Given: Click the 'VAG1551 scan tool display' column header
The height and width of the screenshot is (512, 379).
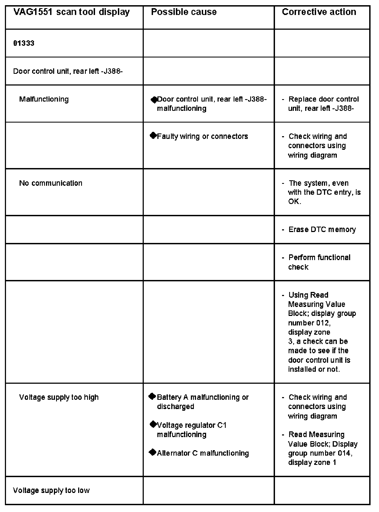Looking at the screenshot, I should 71,12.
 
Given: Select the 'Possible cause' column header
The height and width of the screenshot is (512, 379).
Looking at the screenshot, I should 184,12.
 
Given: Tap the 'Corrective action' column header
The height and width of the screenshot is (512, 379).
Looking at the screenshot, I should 319,12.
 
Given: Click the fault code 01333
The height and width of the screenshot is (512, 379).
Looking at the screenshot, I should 24,43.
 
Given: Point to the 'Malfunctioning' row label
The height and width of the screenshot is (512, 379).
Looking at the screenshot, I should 44,99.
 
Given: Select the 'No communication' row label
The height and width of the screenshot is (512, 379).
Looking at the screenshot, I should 51,183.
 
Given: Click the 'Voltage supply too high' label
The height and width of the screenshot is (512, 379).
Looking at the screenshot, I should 59,397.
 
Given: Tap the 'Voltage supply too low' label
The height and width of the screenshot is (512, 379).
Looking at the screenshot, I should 51,490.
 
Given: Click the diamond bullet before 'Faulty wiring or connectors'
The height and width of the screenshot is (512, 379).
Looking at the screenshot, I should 153,135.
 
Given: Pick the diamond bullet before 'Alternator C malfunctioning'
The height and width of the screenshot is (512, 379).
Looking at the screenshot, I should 152,452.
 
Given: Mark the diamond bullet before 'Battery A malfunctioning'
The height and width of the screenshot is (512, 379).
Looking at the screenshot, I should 152,396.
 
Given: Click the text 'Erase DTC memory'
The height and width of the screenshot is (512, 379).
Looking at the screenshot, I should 322,230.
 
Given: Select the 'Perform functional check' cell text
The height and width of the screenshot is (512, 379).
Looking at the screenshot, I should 319,262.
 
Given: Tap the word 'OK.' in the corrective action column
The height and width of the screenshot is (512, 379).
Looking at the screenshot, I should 295,202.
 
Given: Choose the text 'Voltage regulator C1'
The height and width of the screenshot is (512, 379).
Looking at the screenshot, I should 192,425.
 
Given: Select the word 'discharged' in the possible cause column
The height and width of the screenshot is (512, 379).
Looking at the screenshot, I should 176,407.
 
